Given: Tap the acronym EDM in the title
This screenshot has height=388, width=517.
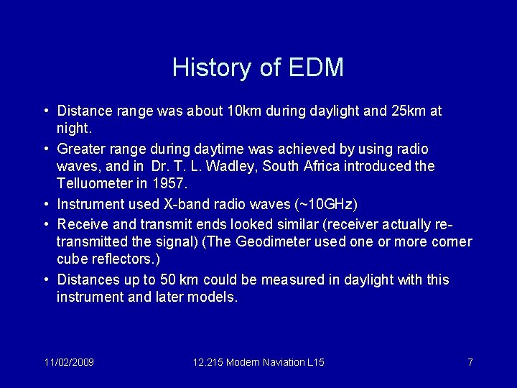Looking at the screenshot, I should (x=316, y=68).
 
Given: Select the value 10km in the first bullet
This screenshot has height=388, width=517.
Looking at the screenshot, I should (x=244, y=111).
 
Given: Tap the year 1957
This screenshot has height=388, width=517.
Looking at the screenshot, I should (x=171, y=184).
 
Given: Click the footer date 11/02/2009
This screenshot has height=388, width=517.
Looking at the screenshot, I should (x=69, y=362).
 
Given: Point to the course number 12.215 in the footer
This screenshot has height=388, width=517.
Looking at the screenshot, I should (x=208, y=362).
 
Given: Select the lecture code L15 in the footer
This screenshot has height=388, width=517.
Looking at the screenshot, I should (x=315, y=362).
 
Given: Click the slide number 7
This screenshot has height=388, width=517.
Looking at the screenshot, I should (x=470, y=362).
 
